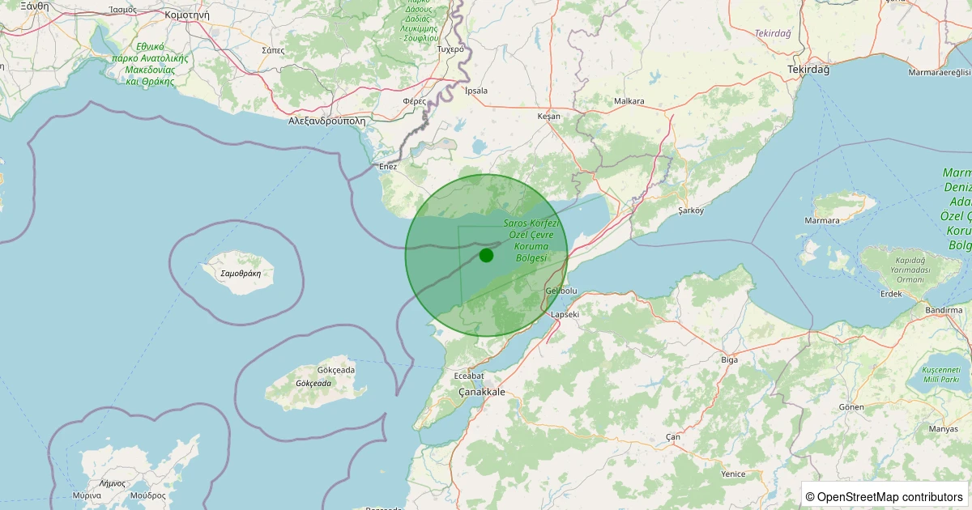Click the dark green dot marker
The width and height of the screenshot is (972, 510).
coord(486,256)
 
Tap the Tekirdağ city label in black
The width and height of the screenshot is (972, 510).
coord(808,70)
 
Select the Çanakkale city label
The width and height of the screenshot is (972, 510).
coord(482,392)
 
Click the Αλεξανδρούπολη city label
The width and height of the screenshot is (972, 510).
coord(327,121)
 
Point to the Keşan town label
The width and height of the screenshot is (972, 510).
coord(548,117)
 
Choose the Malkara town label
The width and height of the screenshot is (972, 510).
coord(629,101)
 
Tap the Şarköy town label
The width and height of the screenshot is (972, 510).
coord(691,210)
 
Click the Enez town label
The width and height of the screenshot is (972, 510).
coord(388,167)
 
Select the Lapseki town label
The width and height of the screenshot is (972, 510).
coord(565,314)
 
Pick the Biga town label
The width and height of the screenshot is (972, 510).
coord(729,359)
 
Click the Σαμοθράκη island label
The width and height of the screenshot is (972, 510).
coord(241,274)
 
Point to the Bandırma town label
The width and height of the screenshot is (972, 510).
coord(944,310)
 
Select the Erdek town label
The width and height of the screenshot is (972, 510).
coord(891,293)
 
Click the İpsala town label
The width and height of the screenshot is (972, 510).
coord(476,91)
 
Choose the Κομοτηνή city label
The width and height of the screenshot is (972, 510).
coord(186,15)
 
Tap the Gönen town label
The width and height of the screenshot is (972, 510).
coord(851,406)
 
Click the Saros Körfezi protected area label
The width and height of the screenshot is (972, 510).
coord(527,240)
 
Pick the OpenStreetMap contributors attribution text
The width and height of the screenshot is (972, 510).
coord(884,496)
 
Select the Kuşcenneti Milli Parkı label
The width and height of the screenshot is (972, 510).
coord(940,374)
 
